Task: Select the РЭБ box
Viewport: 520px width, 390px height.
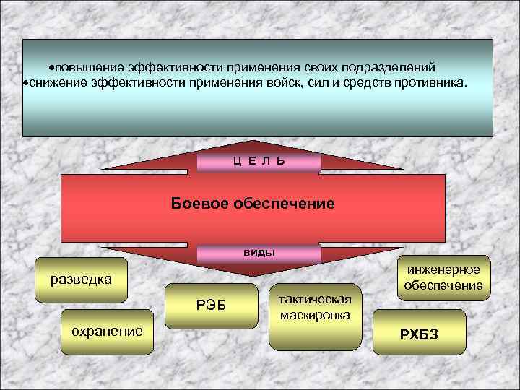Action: click(x=211, y=305)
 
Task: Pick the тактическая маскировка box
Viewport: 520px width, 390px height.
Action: click(x=314, y=308)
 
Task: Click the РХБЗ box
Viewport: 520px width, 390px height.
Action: click(x=419, y=334)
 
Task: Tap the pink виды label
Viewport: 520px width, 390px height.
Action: click(x=259, y=253)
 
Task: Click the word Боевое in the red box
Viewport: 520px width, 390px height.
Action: click(x=199, y=204)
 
